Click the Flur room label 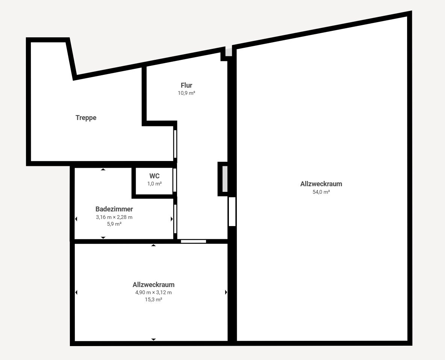(186, 85)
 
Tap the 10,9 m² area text (186, 93)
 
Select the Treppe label (86, 118)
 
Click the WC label (154, 176)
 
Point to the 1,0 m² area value (154, 184)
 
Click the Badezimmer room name (114, 209)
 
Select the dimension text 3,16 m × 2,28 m (114, 217)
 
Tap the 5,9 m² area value (114, 224)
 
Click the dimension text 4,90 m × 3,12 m (154, 292)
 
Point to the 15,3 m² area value (154, 299)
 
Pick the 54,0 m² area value (321, 192)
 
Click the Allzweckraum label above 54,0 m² (321, 184)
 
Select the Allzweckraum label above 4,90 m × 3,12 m (154, 285)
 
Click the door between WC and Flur (175, 180)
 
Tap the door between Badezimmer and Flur (175, 219)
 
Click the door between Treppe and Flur (175, 144)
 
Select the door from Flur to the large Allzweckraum (232, 212)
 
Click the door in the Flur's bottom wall (194, 242)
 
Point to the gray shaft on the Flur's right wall (225, 179)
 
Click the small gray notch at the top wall (229, 52)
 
